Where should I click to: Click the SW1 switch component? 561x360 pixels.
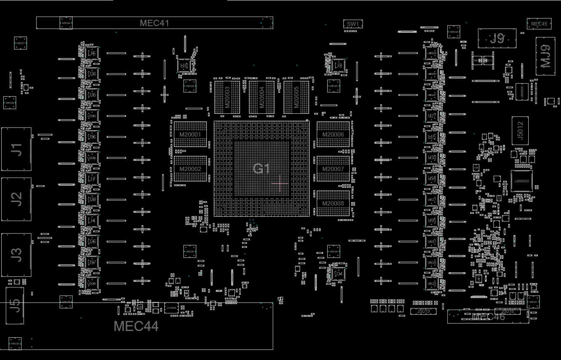click(x=353, y=24)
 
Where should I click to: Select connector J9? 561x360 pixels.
click(x=497, y=39)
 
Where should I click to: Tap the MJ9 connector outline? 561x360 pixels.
click(x=545, y=56)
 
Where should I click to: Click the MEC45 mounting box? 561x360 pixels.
click(x=539, y=24)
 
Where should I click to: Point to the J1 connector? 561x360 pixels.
click(x=16, y=149)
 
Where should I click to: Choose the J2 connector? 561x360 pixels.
click(x=16, y=199)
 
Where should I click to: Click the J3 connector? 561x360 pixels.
click(x=16, y=255)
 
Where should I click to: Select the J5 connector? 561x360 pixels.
click(x=15, y=305)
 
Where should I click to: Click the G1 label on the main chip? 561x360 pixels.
click(x=261, y=169)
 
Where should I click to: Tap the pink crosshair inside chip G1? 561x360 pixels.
click(x=279, y=183)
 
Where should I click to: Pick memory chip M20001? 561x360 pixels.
click(x=190, y=134)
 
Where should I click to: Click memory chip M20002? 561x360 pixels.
click(x=190, y=169)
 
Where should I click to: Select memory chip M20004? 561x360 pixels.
click(x=261, y=97)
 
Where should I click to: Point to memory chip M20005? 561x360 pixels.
click(x=296, y=97)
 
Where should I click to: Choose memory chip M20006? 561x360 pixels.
click(x=333, y=134)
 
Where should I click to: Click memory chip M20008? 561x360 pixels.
click(x=333, y=203)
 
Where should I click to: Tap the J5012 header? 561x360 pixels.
click(x=520, y=131)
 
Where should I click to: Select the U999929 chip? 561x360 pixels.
click(x=521, y=181)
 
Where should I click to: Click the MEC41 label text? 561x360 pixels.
click(x=154, y=23)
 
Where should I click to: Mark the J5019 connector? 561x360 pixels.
click(x=423, y=311)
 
